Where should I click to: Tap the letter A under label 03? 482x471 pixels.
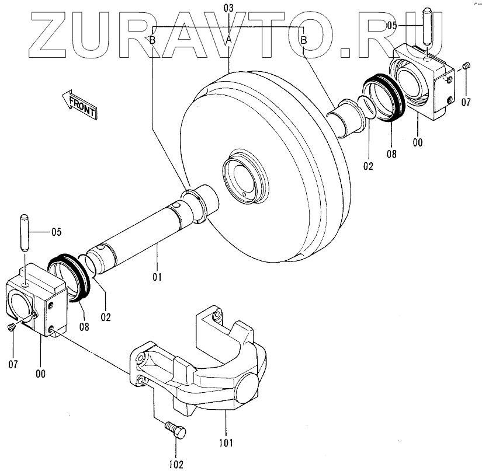[x=229, y=39]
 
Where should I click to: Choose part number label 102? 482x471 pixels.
[x=176, y=465]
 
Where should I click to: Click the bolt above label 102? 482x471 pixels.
[x=176, y=432]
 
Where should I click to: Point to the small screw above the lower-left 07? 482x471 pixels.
[x=12, y=329]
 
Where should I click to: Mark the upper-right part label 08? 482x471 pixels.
[x=391, y=154]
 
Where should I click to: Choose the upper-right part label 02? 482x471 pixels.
[x=367, y=165]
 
